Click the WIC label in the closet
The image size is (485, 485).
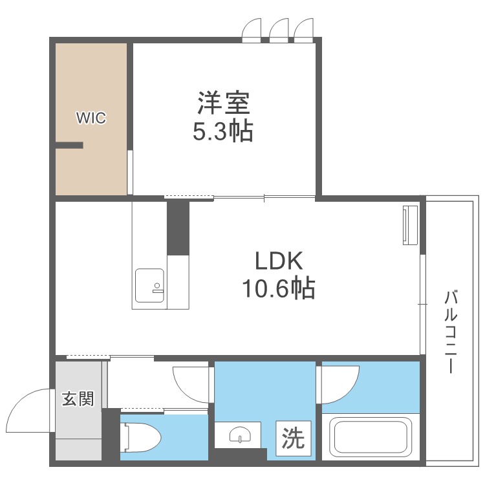[91, 118]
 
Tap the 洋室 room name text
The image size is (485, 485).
[223, 103]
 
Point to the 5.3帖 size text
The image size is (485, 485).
[223, 131]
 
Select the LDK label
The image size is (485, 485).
[279, 261]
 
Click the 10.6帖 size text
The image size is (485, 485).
[278, 288]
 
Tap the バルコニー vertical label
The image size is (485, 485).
[451, 332]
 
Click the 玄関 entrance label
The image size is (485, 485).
[78, 398]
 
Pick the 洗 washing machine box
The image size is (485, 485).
[293, 438]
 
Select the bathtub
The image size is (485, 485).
[368, 436]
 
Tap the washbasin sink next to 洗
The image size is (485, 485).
[241, 435]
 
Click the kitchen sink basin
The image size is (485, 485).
[150, 285]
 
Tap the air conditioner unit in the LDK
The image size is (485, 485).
[410, 225]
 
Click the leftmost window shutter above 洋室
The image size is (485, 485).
[251, 30]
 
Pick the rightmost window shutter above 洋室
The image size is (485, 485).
[303, 30]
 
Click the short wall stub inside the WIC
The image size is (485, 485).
[69, 145]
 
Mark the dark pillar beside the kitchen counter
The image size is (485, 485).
[178, 228]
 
